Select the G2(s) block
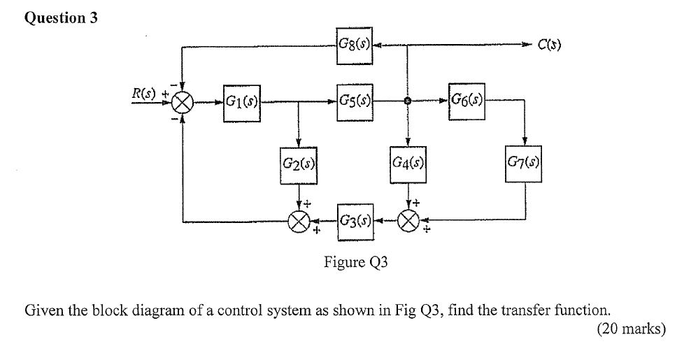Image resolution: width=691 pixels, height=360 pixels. [x=299, y=164]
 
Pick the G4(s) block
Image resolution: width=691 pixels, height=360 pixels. [x=409, y=164]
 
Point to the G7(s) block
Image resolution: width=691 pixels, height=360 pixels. [x=525, y=164]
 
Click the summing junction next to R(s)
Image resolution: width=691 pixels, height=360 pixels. [x=183, y=103]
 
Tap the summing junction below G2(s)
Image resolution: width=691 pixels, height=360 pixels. [x=299, y=222]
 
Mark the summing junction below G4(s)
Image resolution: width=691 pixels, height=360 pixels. [x=408, y=222]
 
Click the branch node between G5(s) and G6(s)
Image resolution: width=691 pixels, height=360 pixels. [x=408, y=101]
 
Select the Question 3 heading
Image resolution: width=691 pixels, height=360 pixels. [x=61, y=19]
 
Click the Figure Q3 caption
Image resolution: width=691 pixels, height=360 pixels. [x=355, y=262]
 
